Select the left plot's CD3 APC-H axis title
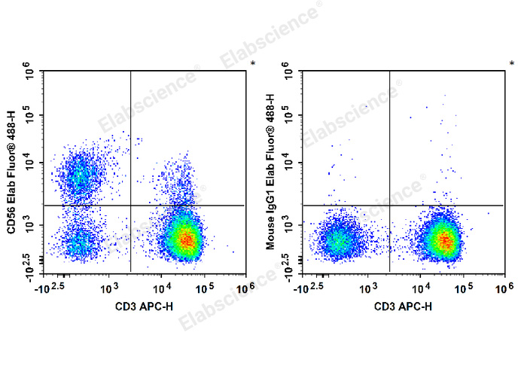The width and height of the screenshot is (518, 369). point(146,306)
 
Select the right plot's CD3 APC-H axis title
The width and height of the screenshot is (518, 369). point(405,306)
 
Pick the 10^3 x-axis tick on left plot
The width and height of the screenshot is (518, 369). point(110,288)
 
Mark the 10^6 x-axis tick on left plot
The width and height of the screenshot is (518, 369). point(244,288)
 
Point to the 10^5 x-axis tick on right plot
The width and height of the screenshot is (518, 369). point(464,288)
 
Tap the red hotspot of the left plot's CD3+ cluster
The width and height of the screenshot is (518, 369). point(186,239)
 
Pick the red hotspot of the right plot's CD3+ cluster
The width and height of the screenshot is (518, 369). point(446,242)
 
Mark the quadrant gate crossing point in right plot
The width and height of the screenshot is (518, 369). point(389,205)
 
